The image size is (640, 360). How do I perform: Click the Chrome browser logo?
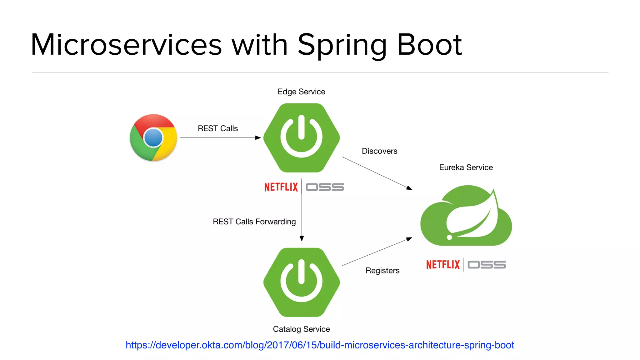tap(153, 137)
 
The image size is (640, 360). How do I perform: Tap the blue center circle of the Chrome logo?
tap(153, 137)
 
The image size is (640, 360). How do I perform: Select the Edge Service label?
tap(301, 92)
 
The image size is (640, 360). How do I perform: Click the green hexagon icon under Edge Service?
tap(302, 137)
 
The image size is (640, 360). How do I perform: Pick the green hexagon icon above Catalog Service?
tap(302, 282)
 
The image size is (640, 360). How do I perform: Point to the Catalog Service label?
tap(301, 329)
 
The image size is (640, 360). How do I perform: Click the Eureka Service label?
tap(466, 167)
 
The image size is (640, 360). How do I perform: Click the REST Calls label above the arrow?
tap(218, 128)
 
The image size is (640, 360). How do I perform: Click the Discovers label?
tap(379, 151)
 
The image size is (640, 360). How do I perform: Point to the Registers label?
tap(382, 271)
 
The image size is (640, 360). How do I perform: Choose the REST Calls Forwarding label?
tap(254, 222)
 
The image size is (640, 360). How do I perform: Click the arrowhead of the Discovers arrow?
tap(409, 188)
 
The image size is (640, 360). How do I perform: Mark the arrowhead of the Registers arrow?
tap(409, 239)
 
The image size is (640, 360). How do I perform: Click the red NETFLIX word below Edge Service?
tap(281, 187)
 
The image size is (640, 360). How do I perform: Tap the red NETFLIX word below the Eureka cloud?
tap(443, 265)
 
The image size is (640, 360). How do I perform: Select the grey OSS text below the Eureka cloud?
tap(487, 265)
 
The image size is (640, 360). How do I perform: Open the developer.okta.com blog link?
tap(320, 345)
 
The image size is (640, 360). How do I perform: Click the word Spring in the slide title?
tap(342, 45)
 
